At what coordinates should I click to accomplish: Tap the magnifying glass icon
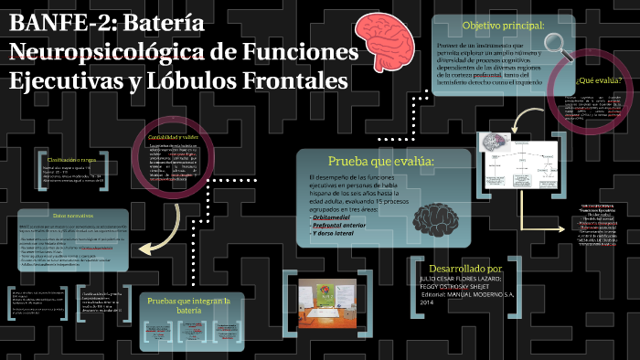point(557,40)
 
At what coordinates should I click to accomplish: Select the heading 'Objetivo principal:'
point(503,25)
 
